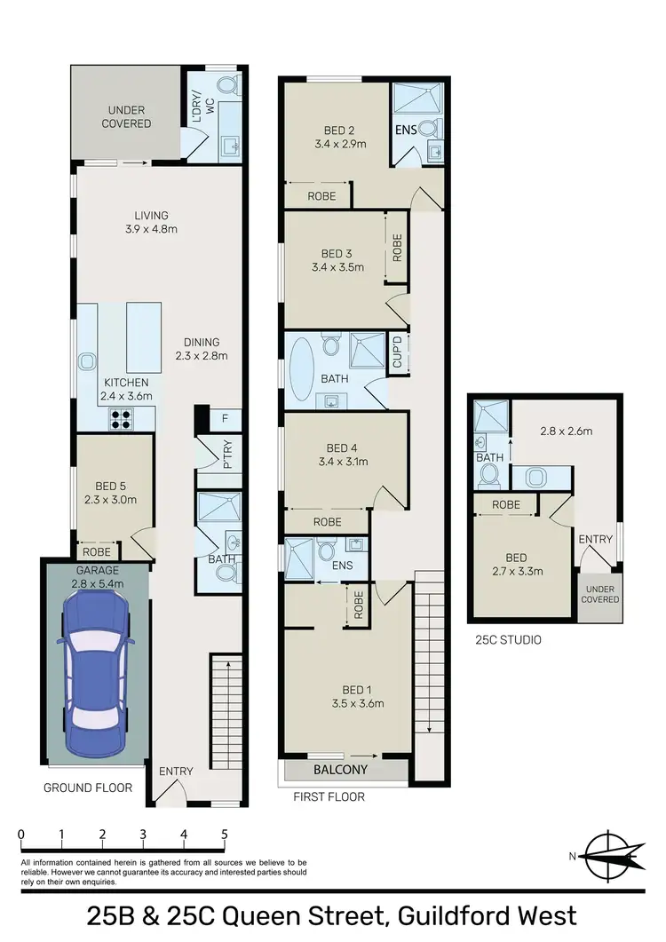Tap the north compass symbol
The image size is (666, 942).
608,855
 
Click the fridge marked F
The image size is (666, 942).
226,417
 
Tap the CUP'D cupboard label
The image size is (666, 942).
398,352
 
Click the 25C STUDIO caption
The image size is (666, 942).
507,639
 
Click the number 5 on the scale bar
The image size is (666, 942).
225,835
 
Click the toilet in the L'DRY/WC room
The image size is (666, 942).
228,86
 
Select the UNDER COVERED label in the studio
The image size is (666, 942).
600,595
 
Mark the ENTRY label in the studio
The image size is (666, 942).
595,539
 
